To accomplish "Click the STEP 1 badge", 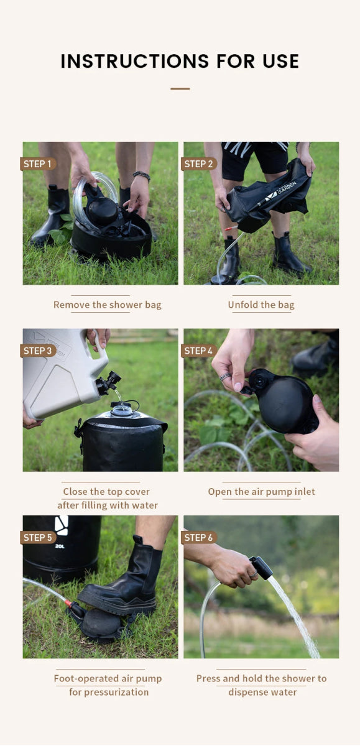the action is point(38,164).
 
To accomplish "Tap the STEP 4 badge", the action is point(199,351).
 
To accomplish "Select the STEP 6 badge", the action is point(199,538).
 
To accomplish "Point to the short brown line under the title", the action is point(180,89).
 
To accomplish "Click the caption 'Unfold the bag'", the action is point(261,305).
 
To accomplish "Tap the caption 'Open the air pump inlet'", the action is point(261,492).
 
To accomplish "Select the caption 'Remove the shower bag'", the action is point(107,305).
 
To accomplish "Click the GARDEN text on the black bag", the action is point(287,188).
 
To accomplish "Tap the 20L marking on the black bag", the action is point(60,546).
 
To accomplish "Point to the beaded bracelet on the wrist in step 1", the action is point(142,175).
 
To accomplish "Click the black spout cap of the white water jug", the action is point(109,383).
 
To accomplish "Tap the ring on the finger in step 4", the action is point(225,377).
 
